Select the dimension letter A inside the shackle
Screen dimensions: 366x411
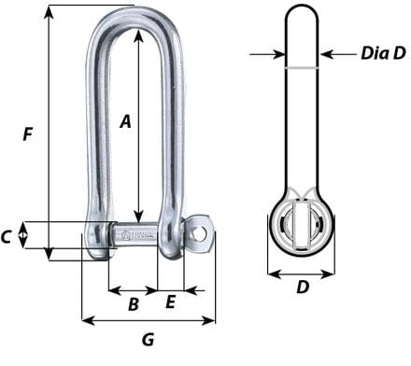tap(125, 120)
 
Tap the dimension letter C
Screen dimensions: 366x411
tap(7, 237)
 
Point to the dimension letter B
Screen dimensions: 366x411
tap(133, 303)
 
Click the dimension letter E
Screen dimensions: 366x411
tap(170, 302)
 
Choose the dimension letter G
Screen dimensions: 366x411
tap(148, 340)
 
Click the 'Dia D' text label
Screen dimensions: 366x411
tap(383, 54)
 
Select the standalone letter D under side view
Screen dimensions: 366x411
tap(302, 288)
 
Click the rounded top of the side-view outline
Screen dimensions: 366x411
tap(302, 11)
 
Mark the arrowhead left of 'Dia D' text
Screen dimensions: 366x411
tap(327, 54)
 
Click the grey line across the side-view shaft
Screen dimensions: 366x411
tap(302, 68)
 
